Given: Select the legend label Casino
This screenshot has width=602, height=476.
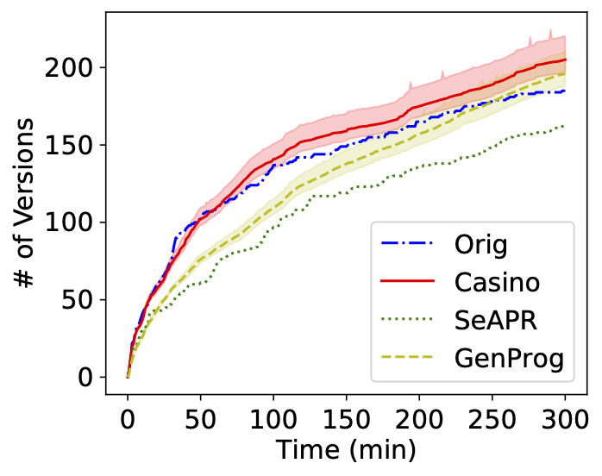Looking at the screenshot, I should coord(498,282).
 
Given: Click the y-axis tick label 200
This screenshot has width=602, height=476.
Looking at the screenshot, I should coord(78,67).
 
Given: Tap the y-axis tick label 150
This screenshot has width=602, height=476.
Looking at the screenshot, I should coord(78,145).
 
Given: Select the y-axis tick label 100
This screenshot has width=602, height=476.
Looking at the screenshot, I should coord(78,222).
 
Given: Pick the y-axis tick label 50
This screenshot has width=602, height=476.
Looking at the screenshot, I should coord(85,300).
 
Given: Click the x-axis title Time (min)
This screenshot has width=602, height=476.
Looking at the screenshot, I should coord(345,450).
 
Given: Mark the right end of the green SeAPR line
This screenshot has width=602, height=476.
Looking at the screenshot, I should coord(565,126).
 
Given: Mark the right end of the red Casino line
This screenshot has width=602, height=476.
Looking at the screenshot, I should coord(565,60).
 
